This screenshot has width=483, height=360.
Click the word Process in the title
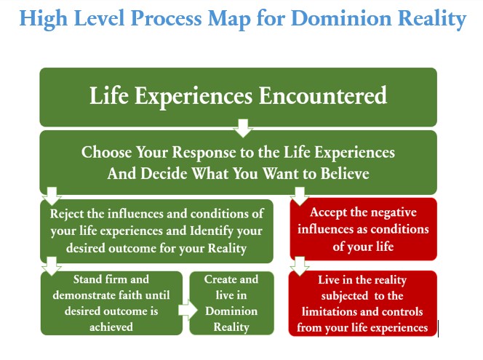(166, 18)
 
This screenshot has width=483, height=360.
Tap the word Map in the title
(229, 19)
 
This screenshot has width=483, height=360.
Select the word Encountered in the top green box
(322, 95)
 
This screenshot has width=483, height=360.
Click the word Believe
(345, 173)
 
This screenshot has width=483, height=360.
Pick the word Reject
(67, 214)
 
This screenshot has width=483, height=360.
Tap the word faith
(131, 295)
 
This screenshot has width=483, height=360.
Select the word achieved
(111, 327)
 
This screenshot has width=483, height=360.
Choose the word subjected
(344, 296)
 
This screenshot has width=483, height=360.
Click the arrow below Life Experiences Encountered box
(243, 128)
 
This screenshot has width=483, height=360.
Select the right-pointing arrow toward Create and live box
(188, 310)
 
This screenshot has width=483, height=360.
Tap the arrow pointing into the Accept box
(300, 196)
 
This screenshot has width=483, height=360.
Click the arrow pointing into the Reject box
(52, 196)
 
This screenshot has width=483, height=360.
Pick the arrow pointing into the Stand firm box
(52, 266)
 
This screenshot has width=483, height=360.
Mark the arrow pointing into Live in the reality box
(300, 266)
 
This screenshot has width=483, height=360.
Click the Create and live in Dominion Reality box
(231, 303)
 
